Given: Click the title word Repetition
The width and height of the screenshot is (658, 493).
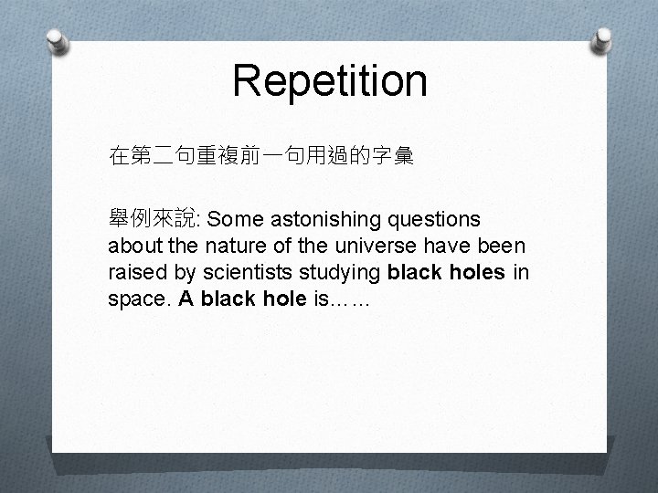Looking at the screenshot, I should (x=329, y=79).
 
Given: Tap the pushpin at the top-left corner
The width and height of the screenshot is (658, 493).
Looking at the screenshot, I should (x=57, y=41).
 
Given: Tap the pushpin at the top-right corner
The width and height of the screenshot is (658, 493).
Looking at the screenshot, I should (x=603, y=39).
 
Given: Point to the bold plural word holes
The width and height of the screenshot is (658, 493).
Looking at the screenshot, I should (x=470, y=273).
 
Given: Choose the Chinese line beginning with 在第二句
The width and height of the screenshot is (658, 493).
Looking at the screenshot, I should (x=260, y=158).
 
